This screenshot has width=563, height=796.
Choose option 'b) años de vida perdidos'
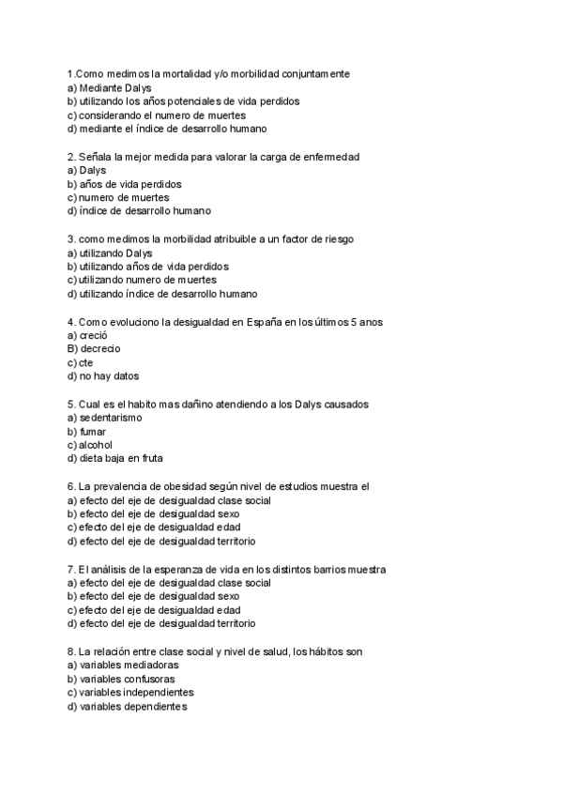[125, 184]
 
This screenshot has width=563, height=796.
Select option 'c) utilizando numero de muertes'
[142, 280]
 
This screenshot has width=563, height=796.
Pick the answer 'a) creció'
[87, 335]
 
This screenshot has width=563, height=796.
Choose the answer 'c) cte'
[80, 362]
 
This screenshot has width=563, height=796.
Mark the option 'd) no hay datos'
[103, 376]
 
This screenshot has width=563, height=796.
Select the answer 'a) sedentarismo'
[104, 418]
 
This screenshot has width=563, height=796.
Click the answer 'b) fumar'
[86, 431]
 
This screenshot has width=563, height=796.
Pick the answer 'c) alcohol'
[90, 445]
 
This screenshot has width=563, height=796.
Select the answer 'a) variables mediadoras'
[123, 665]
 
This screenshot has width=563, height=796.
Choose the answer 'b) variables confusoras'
[121, 679]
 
